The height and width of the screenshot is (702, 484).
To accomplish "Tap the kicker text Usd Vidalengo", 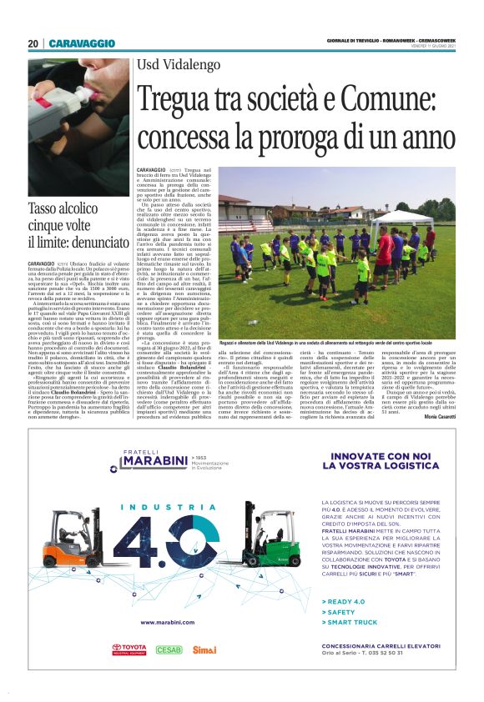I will tap(175, 64).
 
